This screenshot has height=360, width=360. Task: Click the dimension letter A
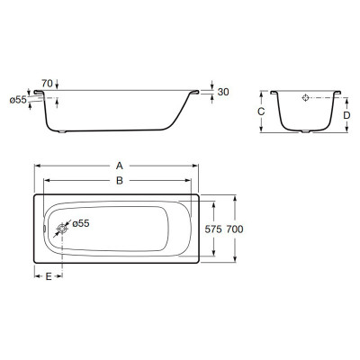click(120, 166)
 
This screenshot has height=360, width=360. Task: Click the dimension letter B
click(120, 181)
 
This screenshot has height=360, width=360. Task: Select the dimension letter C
click(261, 112)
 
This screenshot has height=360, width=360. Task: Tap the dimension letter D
click(346, 115)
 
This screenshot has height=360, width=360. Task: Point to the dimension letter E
click(49, 276)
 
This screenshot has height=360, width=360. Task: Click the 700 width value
click(235, 229)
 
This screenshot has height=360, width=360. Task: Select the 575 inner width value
click(213, 229)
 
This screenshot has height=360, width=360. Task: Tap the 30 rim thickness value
click(223, 92)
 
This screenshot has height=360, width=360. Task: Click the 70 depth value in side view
click(47, 83)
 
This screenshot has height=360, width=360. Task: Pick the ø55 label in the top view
click(81, 223)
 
